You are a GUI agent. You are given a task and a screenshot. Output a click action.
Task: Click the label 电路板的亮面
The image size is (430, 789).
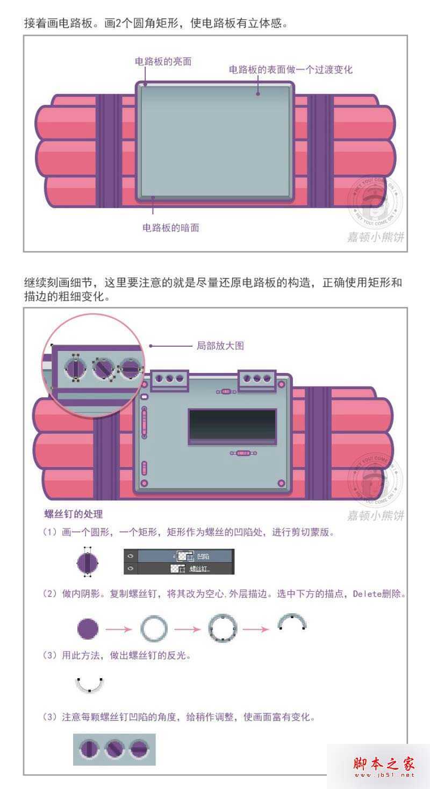[x=163, y=61]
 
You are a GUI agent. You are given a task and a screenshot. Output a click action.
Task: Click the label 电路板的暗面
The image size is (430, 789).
[x=170, y=227]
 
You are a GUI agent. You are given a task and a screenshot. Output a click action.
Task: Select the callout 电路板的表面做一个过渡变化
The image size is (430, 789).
[x=290, y=70]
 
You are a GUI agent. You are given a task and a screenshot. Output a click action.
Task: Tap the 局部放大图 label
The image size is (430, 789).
[x=220, y=346]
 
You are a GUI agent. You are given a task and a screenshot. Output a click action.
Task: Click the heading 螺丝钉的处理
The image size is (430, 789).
[x=74, y=514]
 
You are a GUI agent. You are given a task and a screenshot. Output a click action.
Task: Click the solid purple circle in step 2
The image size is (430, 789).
[x=88, y=628]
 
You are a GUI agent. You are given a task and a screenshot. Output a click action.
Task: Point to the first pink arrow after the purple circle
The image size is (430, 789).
[x=119, y=628]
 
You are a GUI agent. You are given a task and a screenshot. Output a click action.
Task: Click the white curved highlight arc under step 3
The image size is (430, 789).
[x=89, y=685]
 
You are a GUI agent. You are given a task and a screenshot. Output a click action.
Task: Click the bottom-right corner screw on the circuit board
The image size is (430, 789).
[x=281, y=483]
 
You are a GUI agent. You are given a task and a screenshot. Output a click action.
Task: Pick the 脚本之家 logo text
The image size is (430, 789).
[x=384, y=763]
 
